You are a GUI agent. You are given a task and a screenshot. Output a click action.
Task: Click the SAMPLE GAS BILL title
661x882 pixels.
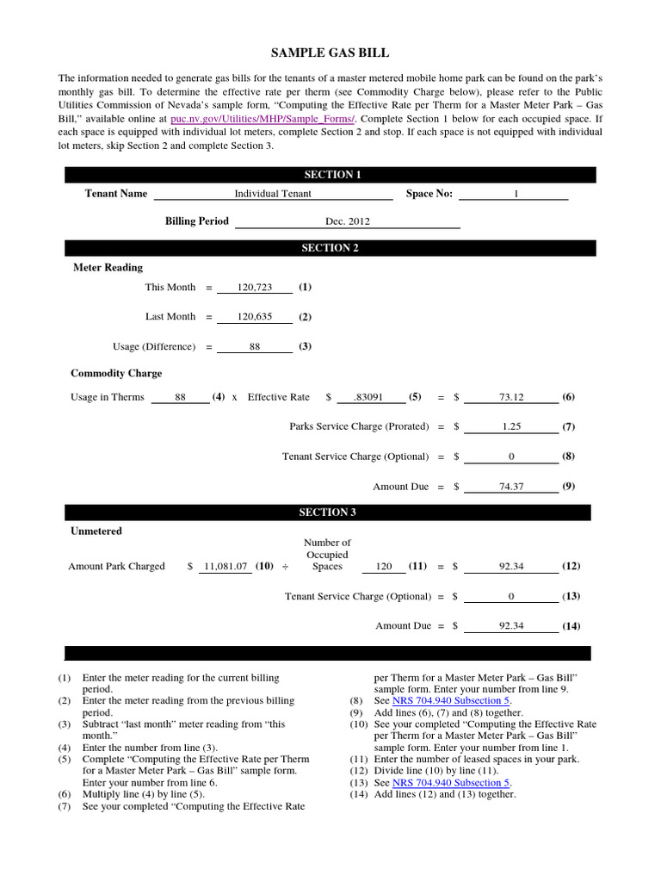pos(330,53)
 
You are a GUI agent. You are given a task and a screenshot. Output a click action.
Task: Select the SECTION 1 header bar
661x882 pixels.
pos(331,175)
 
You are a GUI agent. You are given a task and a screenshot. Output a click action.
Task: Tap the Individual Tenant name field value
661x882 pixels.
pos(273,194)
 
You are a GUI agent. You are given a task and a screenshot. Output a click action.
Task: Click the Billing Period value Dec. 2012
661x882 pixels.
pos(347,221)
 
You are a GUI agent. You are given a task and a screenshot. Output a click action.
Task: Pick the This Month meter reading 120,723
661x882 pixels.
pos(255,288)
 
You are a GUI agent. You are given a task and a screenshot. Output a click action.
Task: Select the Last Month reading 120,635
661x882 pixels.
pos(255,317)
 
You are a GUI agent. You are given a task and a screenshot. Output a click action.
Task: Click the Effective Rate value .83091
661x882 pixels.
pos(372,398)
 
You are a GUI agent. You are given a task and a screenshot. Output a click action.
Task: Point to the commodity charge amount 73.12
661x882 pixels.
pos(511,398)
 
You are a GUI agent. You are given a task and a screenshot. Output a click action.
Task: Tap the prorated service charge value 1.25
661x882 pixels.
pos(511,427)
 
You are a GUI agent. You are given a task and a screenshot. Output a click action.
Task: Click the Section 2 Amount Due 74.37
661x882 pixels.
pos(511,487)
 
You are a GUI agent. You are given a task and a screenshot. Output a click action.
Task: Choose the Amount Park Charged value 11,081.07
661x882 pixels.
pos(225,567)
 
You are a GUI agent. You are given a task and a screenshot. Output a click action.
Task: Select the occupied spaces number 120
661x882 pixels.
pos(384,567)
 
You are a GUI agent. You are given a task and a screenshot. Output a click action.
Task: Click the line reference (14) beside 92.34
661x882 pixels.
pos(571,626)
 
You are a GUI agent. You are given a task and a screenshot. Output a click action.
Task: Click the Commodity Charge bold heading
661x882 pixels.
pos(116,374)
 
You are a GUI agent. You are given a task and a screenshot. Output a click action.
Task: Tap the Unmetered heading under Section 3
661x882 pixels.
pos(96,531)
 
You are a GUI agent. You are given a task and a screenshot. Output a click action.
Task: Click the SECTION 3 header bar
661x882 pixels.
pos(328,512)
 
